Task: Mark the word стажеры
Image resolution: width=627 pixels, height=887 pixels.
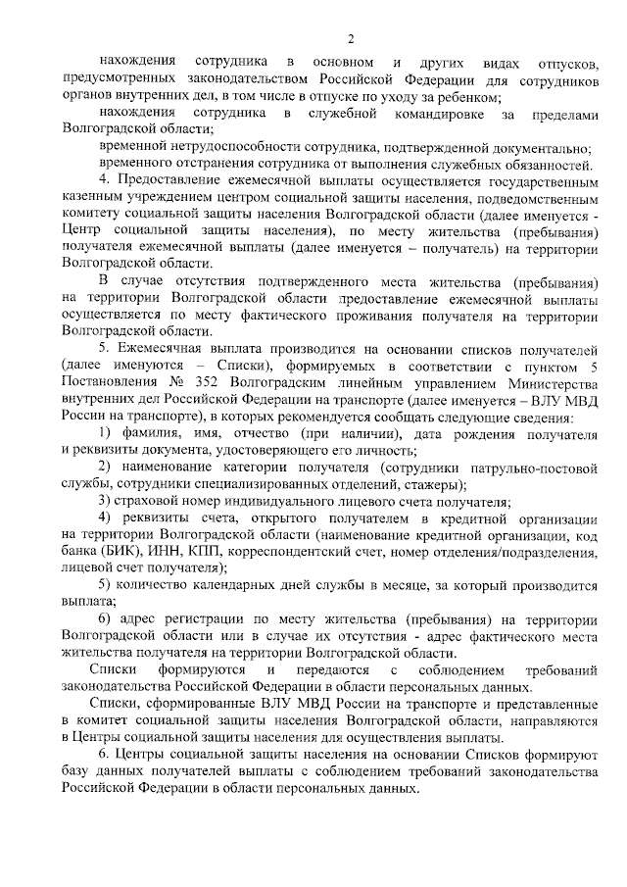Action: click(434, 484)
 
